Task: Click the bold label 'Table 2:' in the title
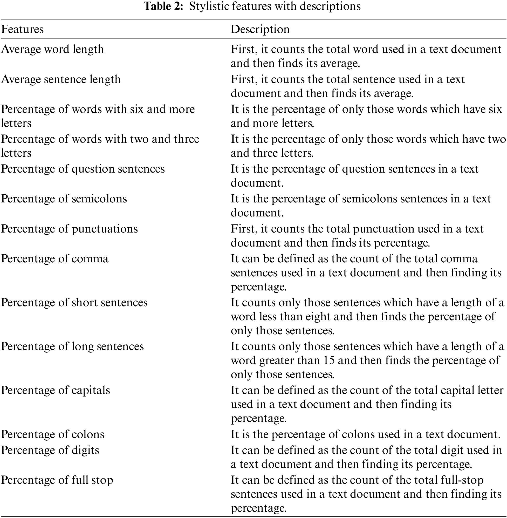(163, 6)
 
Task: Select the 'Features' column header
(22, 29)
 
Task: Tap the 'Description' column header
(260, 29)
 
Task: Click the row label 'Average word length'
(52, 50)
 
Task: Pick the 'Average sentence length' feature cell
(61, 79)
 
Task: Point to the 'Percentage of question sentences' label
(83, 169)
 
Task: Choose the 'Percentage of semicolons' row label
(64, 199)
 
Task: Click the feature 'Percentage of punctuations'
(69, 229)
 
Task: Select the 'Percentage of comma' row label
(54, 259)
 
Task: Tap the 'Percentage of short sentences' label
(74, 303)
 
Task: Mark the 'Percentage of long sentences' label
(72, 346)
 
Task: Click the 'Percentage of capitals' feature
(55, 390)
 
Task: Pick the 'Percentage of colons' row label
(53, 434)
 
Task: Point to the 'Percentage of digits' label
(50, 450)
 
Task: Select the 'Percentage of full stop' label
(57, 480)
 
